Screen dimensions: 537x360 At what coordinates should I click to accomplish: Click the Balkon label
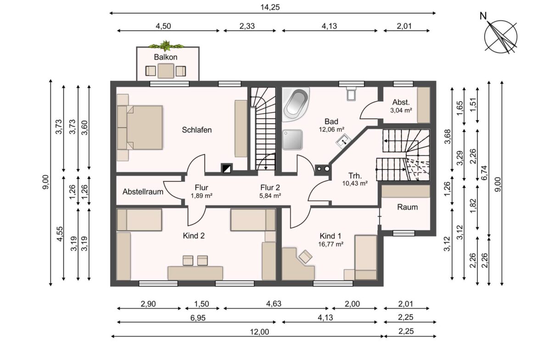165,57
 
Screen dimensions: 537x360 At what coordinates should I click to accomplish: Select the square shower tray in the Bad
292,139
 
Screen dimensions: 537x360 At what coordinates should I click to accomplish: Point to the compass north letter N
483,16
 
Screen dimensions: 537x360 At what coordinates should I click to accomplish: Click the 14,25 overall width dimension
270,7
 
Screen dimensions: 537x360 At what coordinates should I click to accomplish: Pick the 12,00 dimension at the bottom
260,332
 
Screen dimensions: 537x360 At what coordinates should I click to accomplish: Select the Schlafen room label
196,130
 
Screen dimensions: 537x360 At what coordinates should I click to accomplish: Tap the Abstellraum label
143,192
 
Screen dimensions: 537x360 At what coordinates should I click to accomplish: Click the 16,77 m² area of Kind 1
330,244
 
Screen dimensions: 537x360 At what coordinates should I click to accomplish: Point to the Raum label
408,207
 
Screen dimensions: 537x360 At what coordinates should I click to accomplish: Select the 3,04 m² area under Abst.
401,110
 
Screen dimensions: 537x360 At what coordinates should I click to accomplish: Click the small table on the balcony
166,71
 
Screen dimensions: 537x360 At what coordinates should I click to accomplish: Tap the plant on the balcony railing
166,45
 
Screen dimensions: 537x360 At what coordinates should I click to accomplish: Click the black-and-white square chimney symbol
227,168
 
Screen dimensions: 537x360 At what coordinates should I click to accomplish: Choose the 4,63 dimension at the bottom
274,304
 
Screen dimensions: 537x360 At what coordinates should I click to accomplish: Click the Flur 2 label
270,188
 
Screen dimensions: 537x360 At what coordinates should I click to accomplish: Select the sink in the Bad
343,141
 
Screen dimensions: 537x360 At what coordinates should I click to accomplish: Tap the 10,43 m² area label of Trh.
355,183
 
